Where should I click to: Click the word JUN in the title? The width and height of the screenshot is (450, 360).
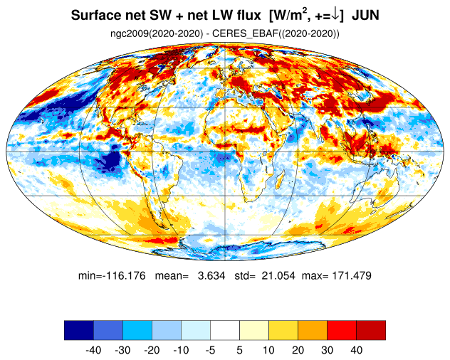point(365,15)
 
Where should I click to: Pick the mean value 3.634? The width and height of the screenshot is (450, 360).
point(211,275)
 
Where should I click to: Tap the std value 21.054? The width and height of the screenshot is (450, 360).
point(278,275)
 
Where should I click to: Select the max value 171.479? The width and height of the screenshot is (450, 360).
point(352,275)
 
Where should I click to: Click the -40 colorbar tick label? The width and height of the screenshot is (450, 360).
point(93,350)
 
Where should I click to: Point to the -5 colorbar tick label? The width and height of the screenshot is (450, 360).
point(210,350)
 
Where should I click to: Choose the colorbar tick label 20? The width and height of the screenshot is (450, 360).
point(298,350)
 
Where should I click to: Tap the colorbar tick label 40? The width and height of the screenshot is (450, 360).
point(356,350)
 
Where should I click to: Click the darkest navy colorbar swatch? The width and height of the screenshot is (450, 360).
point(79,330)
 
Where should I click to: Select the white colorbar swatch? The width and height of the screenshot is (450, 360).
point(225,330)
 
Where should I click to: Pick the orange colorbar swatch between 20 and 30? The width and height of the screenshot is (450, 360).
point(313,330)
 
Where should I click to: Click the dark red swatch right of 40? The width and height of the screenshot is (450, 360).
point(371,330)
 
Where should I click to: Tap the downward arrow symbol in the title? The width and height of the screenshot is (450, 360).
point(335,15)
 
